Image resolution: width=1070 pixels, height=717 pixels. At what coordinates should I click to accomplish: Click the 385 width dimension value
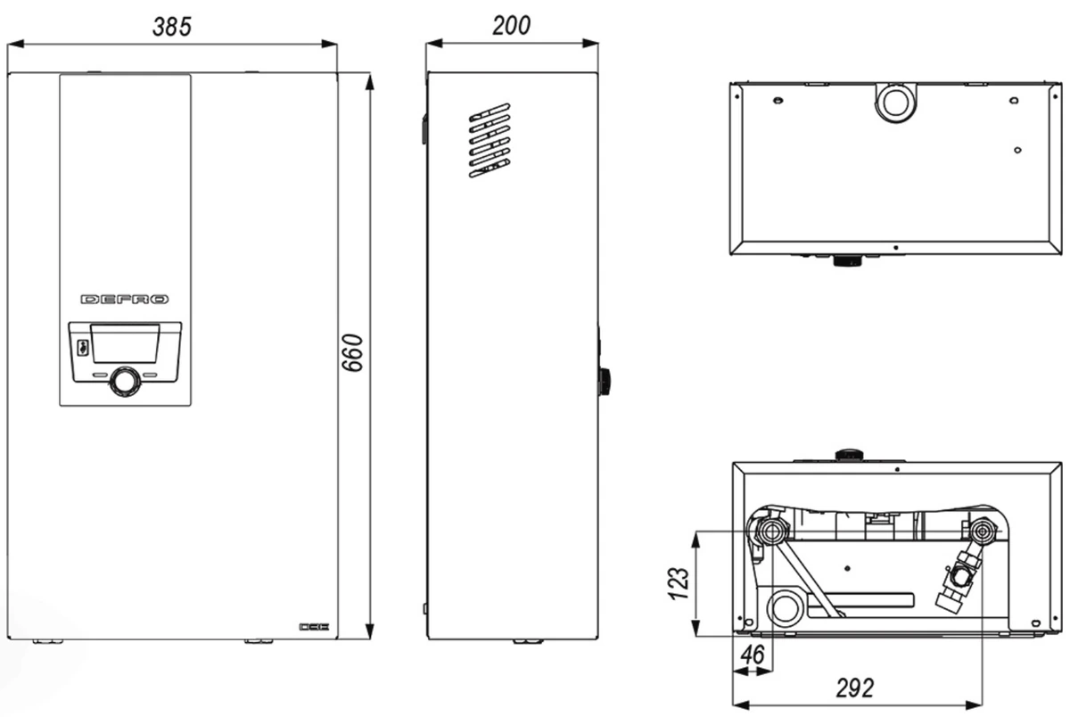[172, 26]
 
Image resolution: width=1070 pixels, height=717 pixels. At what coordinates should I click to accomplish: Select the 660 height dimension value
[352, 353]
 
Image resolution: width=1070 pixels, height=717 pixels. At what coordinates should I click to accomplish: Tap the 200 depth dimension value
[511, 25]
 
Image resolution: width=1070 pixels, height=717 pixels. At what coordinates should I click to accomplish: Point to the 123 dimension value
[679, 583]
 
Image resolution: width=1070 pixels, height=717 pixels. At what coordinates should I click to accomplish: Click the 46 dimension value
[753, 655]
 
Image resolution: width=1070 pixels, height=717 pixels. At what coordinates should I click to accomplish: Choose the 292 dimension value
[854, 688]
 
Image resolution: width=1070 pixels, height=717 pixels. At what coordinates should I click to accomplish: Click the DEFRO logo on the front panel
[125, 300]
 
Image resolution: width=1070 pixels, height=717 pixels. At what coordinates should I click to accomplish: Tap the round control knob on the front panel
[125, 382]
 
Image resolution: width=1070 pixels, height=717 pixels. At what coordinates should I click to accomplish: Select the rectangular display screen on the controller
[125, 343]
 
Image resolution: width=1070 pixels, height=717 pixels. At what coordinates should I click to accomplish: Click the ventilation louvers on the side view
[490, 140]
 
